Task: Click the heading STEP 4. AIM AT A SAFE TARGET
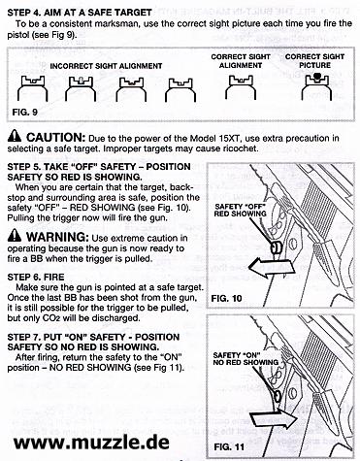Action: coord(80,13)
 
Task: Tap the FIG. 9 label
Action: coord(25,113)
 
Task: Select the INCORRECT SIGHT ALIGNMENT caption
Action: coord(106,66)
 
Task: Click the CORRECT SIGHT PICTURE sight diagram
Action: coord(316,86)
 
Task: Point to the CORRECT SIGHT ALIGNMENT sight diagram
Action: coord(241,87)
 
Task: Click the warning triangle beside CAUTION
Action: coord(15,137)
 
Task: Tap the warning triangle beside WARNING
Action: coord(15,235)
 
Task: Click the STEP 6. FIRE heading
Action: coord(36,277)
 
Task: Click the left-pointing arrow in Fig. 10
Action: coord(273,267)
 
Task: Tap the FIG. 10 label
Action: coord(226,298)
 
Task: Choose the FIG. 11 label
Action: coord(229,447)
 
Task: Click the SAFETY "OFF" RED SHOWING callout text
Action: coord(241,210)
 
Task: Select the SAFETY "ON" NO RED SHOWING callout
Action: coord(245,359)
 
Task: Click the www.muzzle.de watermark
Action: coord(91,442)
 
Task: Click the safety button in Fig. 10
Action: coord(276,248)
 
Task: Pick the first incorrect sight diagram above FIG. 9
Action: coord(32,88)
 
